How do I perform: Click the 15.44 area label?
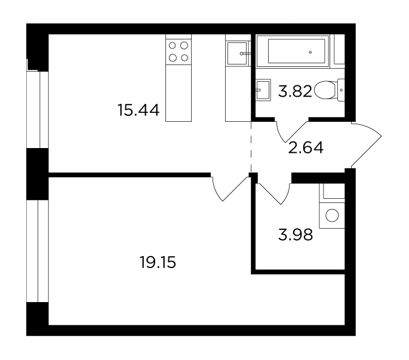tap(139, 110)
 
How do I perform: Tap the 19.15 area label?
tap(158, 262)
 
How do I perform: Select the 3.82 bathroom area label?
tap(295, 91)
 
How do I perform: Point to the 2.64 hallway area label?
tap(306, 147)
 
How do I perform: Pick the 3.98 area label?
tap(296, 235)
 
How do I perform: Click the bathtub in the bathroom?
tap(293, 51)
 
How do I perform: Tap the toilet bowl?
tap(325, 90)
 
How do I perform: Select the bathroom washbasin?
tap(263, 90)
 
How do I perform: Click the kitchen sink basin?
tap(237, 54)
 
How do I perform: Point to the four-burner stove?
tap(179, 51)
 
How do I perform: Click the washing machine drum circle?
tap(332, 216)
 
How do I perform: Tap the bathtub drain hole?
tap(310, 53)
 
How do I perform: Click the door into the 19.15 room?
tap(229, 189)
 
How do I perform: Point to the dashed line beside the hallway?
tap(251, 147)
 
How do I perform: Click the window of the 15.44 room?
tap(38, 110)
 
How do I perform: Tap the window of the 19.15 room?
tap(38, 251)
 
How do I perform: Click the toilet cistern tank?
tap(341, 90)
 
